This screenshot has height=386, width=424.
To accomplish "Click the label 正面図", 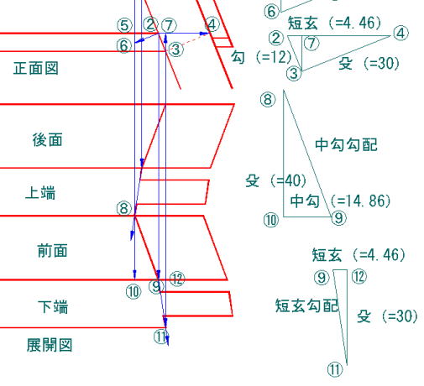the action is coord(36,68).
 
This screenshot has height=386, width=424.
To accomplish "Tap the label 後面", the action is coord(47,140).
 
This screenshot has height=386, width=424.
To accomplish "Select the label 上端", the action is coord(40,193).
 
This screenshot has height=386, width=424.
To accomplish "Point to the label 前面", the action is coord(53,250).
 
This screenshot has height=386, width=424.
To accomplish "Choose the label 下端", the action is coord(53,306).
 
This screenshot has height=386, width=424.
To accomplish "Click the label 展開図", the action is coord(50,345).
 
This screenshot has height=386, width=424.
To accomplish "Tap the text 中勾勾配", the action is coord(346,144).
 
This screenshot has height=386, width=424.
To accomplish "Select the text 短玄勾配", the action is coord(307,305).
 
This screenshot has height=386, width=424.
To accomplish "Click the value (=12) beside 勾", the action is coord(274,57).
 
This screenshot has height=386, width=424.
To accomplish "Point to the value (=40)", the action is coord(288,180).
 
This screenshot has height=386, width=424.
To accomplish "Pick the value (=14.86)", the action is coord(360,201).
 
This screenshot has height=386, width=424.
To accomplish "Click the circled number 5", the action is coord(124,25).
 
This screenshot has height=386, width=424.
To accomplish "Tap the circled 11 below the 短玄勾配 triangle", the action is coord(335,369).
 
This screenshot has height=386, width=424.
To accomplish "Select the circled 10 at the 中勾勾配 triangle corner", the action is coord(271,220).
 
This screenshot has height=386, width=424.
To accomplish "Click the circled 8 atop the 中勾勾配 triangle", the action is coord(268,100).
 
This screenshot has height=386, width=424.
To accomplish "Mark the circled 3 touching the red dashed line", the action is coord(176,50).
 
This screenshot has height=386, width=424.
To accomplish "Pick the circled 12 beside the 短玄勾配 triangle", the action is coord(359,276).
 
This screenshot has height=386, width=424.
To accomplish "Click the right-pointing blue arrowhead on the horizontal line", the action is coord(204,34).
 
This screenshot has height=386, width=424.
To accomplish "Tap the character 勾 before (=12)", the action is coord(238,57).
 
